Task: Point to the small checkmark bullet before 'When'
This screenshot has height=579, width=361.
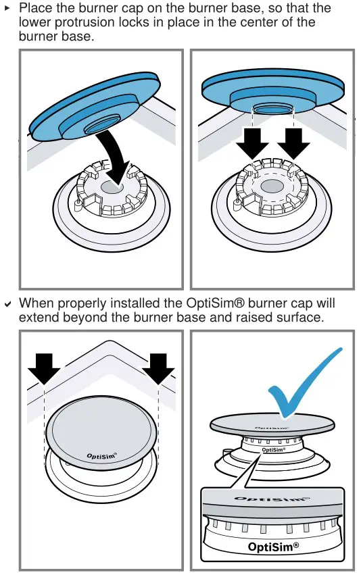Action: click(x=7, y=304)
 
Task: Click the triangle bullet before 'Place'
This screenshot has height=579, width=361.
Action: click(x=7, y=8)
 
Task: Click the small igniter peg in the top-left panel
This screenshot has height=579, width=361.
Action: click(x=78, y=202)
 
